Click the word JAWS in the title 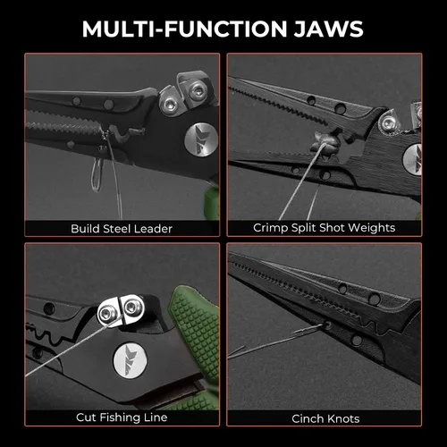coord(329,29)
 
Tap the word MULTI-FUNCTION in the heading coord(185,29)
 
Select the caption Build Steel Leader coord(122,229)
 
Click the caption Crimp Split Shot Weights coord(325,228)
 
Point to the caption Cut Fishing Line coord(122,417)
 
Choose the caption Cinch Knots coord(325,418)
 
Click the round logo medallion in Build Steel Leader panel coord(201,139)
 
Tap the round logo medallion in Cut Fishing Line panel coord(131,361)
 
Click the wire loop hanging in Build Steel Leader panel coord(97,175)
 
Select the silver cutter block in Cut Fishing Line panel coord(122,311)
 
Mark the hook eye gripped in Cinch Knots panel coord(327,325)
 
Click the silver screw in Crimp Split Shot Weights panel coord(387,122)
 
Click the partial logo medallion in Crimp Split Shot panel coord(413,159)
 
